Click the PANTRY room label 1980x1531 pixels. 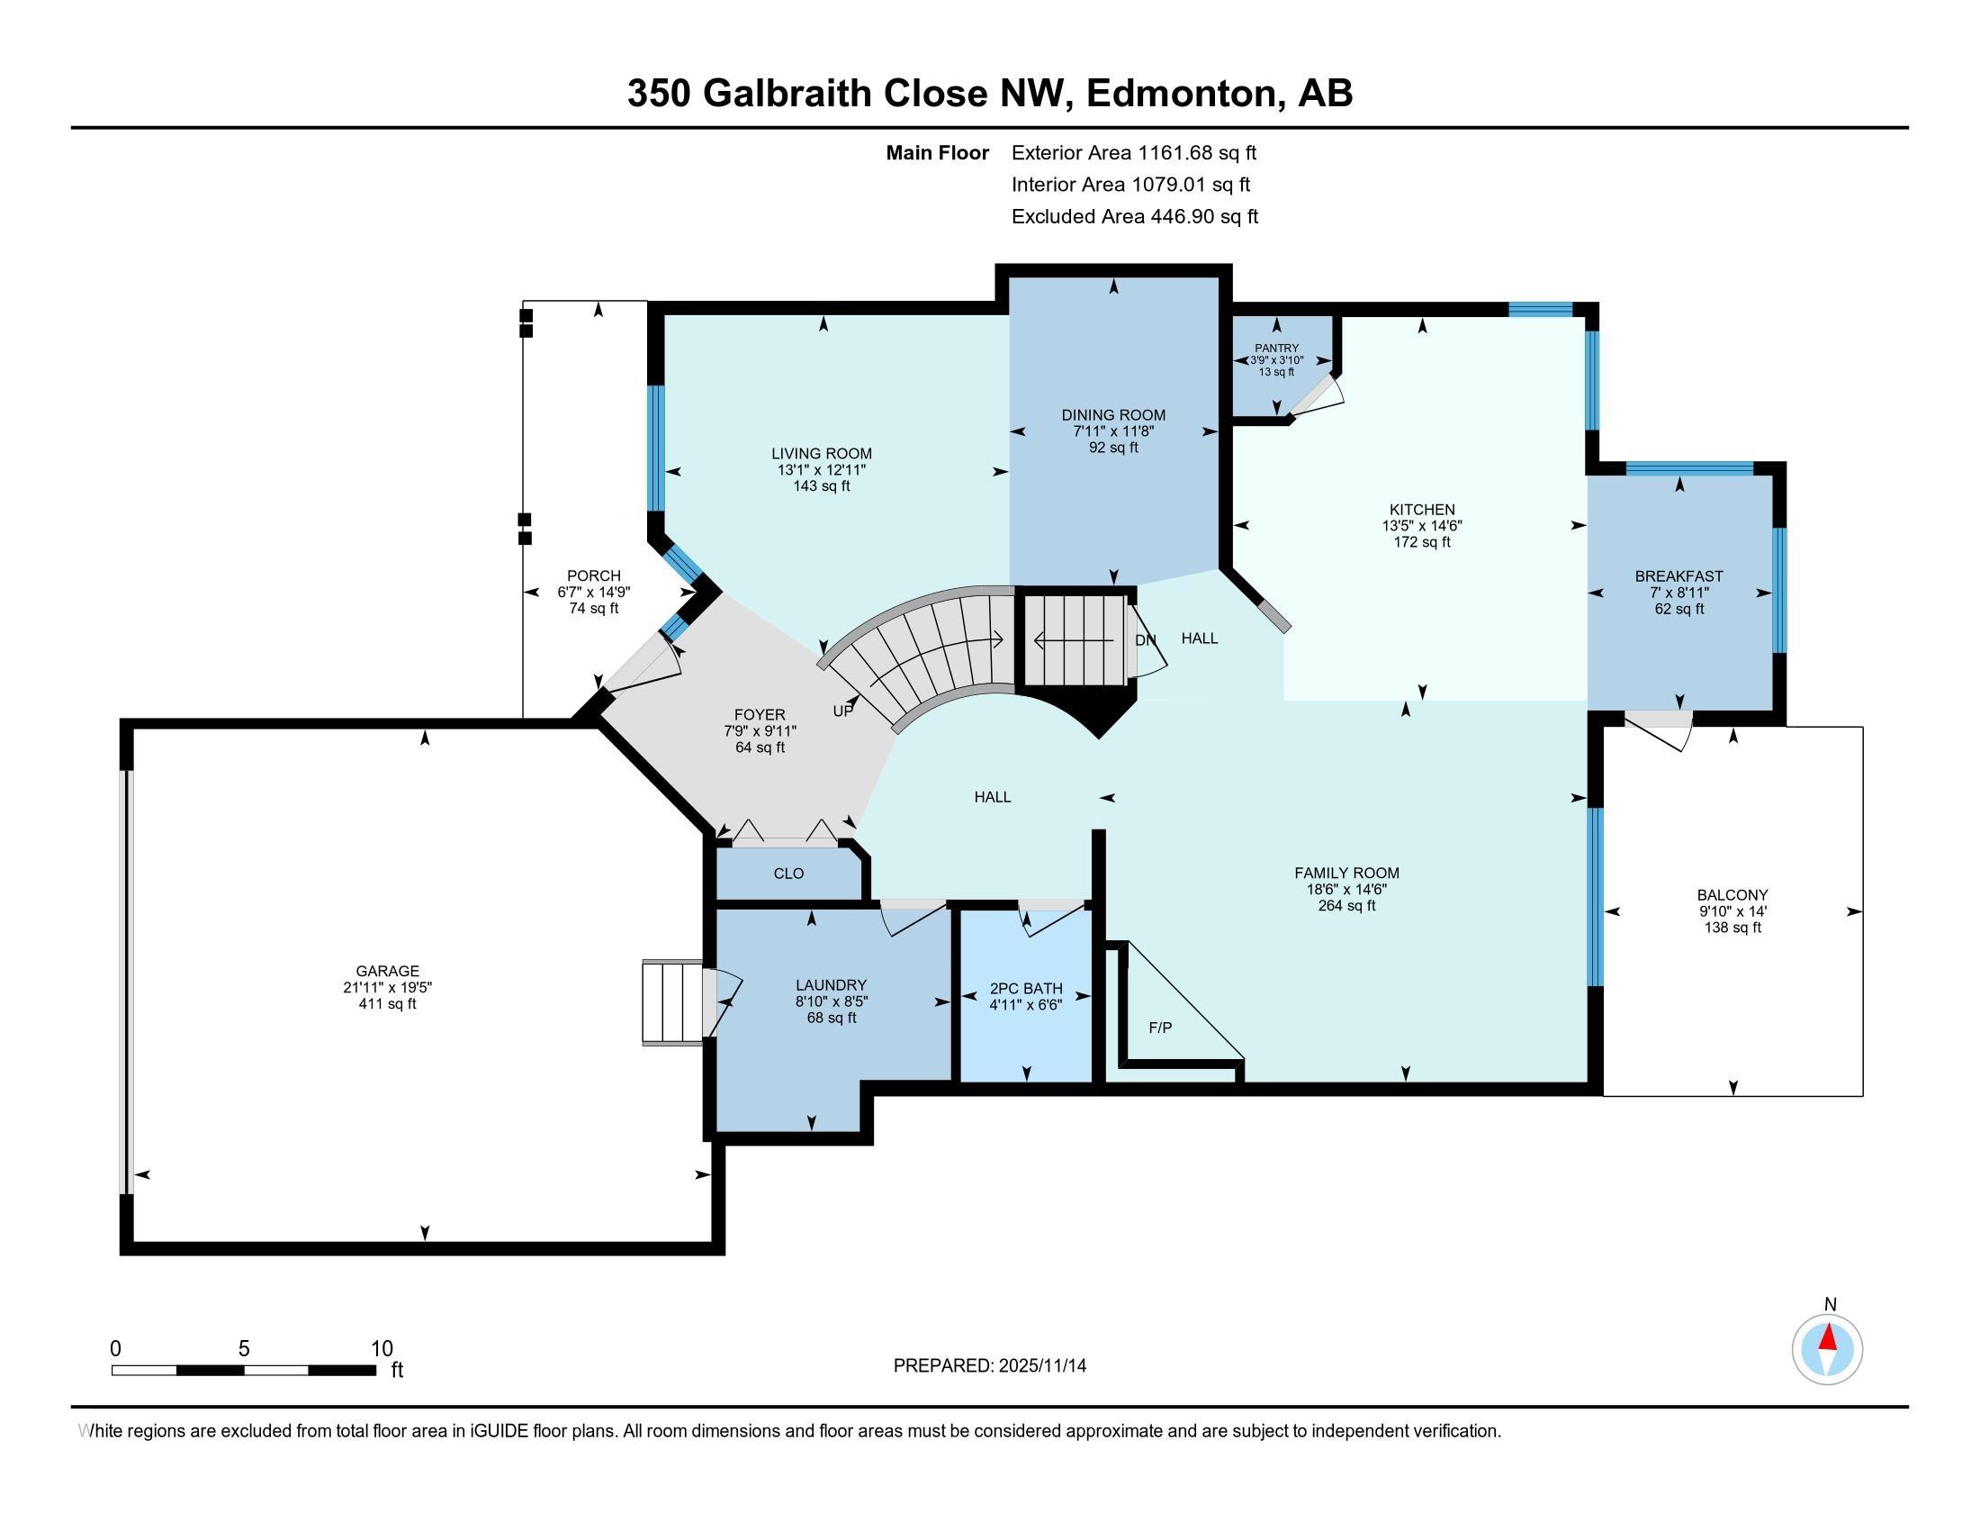point(1276,349)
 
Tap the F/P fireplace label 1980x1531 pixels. point(1160,1028)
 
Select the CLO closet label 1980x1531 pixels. point(788,874)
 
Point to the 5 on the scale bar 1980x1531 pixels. point(244,1349)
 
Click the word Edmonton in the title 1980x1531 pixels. point(1184,94)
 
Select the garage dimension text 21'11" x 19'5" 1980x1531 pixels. point(388,988)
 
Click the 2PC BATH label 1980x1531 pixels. point(1025,989)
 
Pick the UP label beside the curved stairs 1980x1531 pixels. point(843,711)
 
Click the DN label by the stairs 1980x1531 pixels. point(1146,640)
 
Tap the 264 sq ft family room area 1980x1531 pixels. point(1347,905)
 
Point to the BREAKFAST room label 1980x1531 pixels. point(1679,576)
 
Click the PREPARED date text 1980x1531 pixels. point(990,1365)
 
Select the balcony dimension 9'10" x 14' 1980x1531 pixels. point(1733,911)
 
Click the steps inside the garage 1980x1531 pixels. point(672,1003)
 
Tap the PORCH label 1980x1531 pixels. point(594,576)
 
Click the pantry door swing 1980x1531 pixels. point(1317,396)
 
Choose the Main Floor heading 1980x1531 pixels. point(938,153)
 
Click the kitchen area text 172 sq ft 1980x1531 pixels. point(1421,542)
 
